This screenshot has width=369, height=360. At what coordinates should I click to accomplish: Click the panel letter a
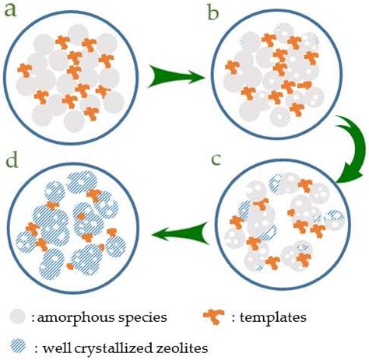[12, 12]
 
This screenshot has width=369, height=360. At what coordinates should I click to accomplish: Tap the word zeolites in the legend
[181, 345]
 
